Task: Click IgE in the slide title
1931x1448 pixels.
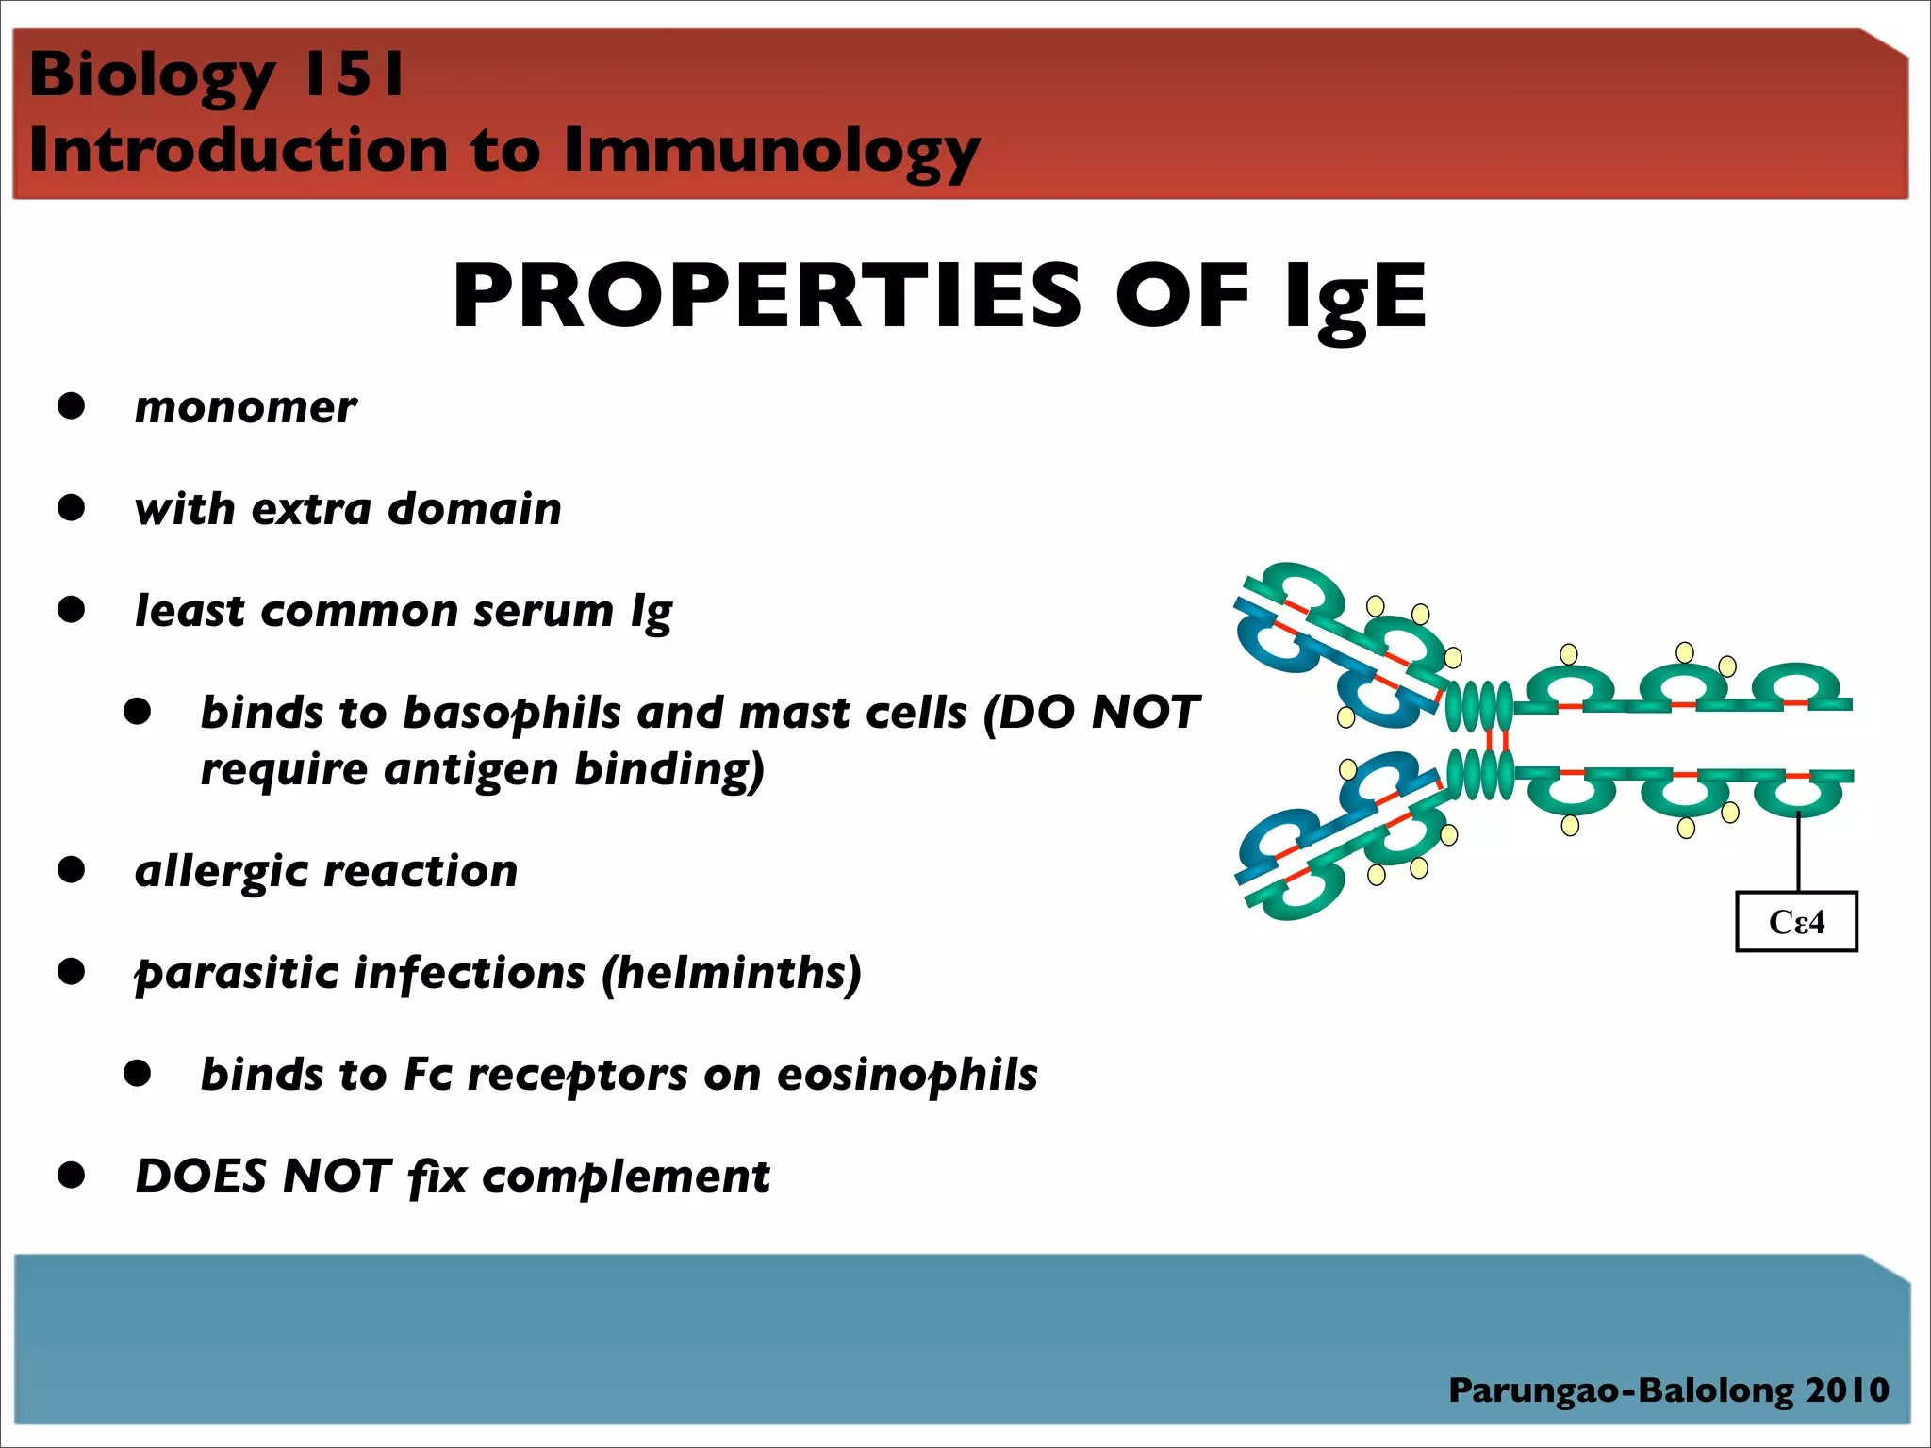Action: [1356, 298]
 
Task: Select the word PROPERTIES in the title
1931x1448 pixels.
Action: [767, 296]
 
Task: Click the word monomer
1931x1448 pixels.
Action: [245, 408]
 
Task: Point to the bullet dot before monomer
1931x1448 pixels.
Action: [72, 406]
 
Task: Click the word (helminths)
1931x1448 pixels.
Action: [732, 973]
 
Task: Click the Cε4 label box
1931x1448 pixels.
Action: [1796, 921]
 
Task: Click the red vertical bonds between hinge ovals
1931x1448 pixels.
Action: [1496, 740]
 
